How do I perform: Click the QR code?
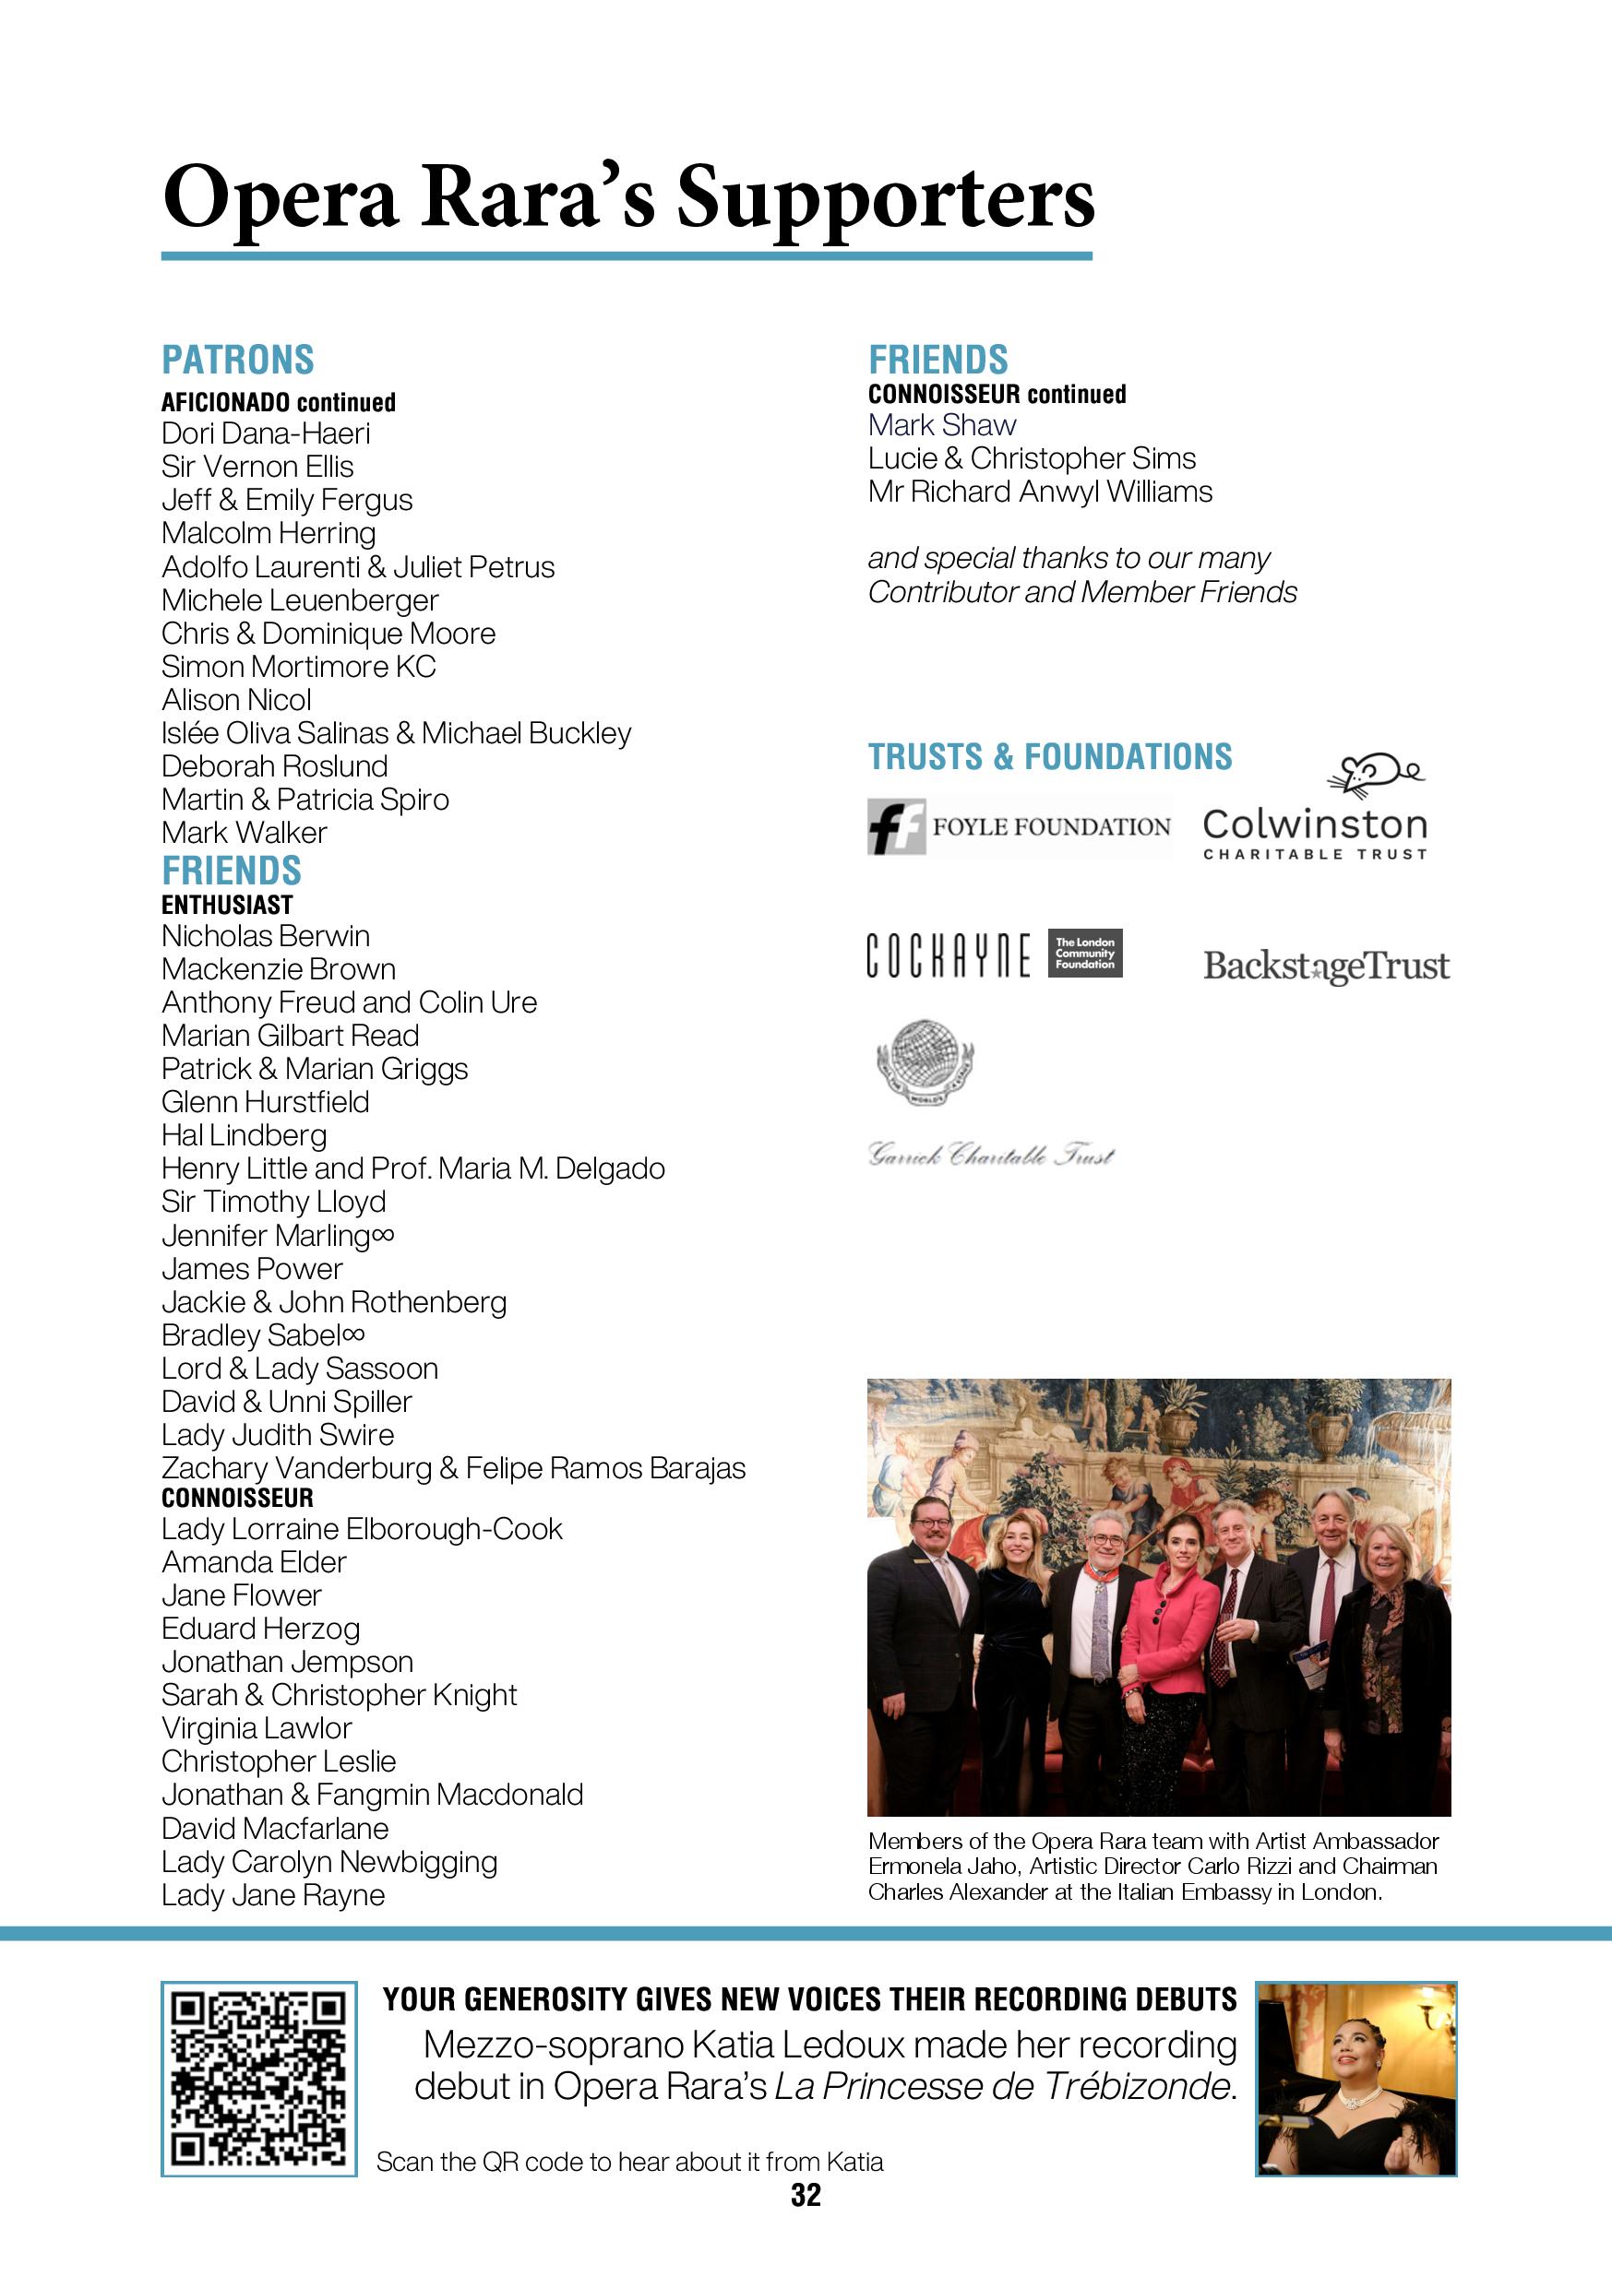(258, 2078)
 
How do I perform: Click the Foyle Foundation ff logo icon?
(895, 826)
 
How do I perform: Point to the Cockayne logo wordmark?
(947, 954)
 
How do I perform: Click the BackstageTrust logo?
(1326, 966)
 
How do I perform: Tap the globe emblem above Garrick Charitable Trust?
(923, 1061)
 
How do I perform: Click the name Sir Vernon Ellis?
(257, 467)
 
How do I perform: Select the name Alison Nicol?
(236, 700)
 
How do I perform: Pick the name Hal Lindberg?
(244, 1135)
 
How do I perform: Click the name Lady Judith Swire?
(277, 1435)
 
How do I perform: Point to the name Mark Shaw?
(941, 425)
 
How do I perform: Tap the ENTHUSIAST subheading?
(227, 905)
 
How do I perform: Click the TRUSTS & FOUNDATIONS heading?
(1050, 757)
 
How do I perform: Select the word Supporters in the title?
(885, 197)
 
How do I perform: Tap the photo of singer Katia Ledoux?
(1355, 2078)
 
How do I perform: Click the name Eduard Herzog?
(260, 1629)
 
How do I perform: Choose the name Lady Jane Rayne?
(273, 1895)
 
